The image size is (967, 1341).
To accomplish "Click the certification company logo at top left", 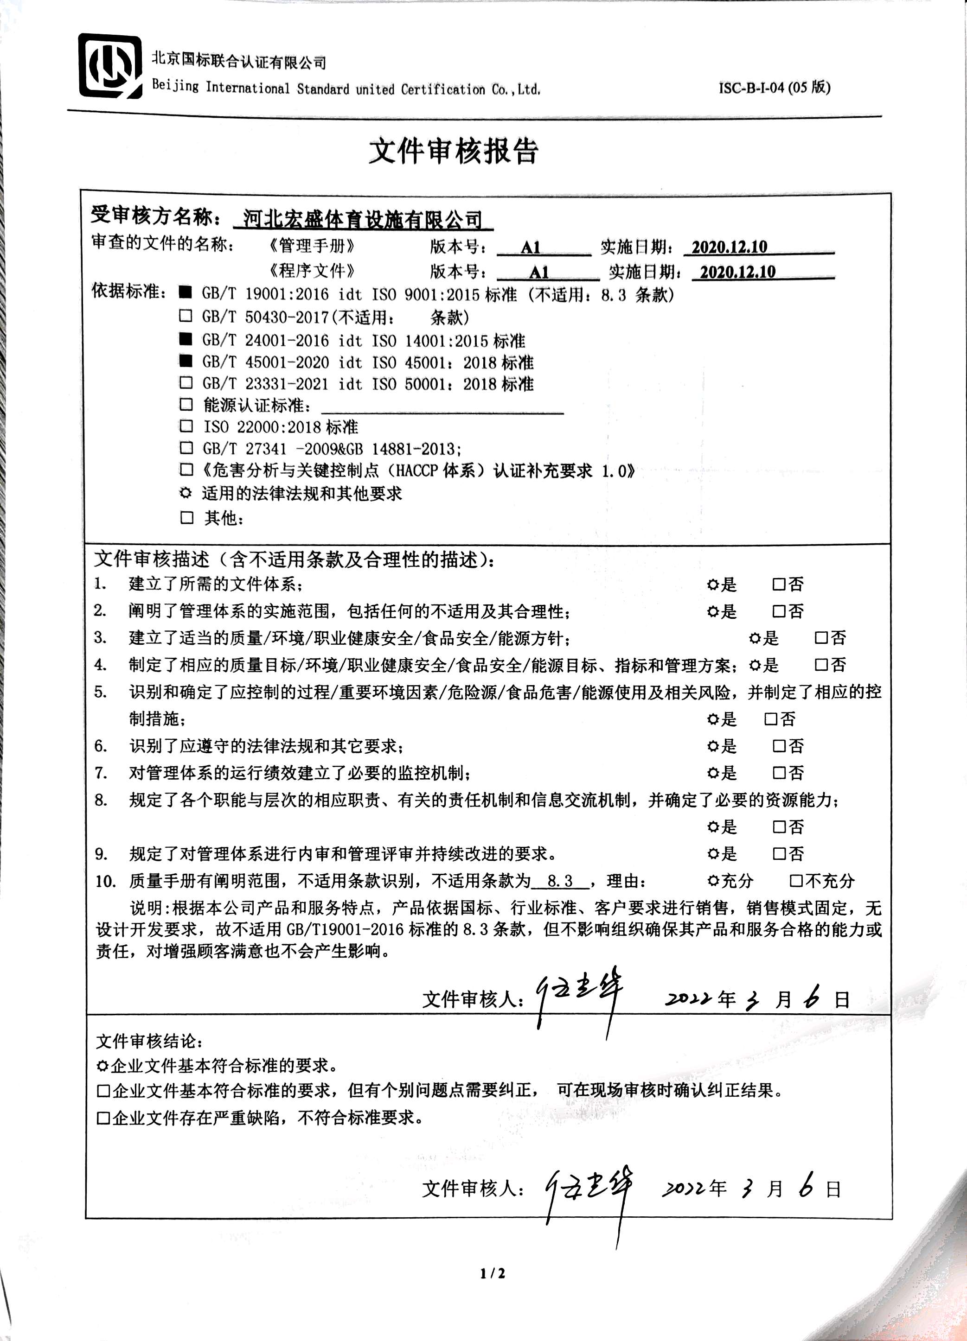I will [x=110, y=66].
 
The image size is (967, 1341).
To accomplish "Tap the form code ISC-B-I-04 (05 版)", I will [x=774, y=88].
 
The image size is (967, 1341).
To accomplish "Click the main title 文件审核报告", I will [x=454, y=152].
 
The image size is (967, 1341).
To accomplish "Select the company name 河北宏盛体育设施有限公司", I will [x=363, y=220].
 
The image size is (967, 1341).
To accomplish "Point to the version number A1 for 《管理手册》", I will [x=531, y=247].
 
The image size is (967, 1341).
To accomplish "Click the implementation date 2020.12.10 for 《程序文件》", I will [x=737, y=272].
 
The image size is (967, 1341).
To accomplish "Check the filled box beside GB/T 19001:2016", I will [x=186, y=292].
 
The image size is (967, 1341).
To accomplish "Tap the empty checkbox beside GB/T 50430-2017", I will [x=186, y=316].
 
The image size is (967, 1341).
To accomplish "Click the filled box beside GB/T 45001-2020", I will [x=186, y=361].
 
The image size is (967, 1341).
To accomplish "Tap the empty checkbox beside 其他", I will [x=187, y=518].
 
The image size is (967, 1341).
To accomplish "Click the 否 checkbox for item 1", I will [x=779, y=584].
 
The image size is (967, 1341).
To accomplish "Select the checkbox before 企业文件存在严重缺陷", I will [x=103, y=1118].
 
